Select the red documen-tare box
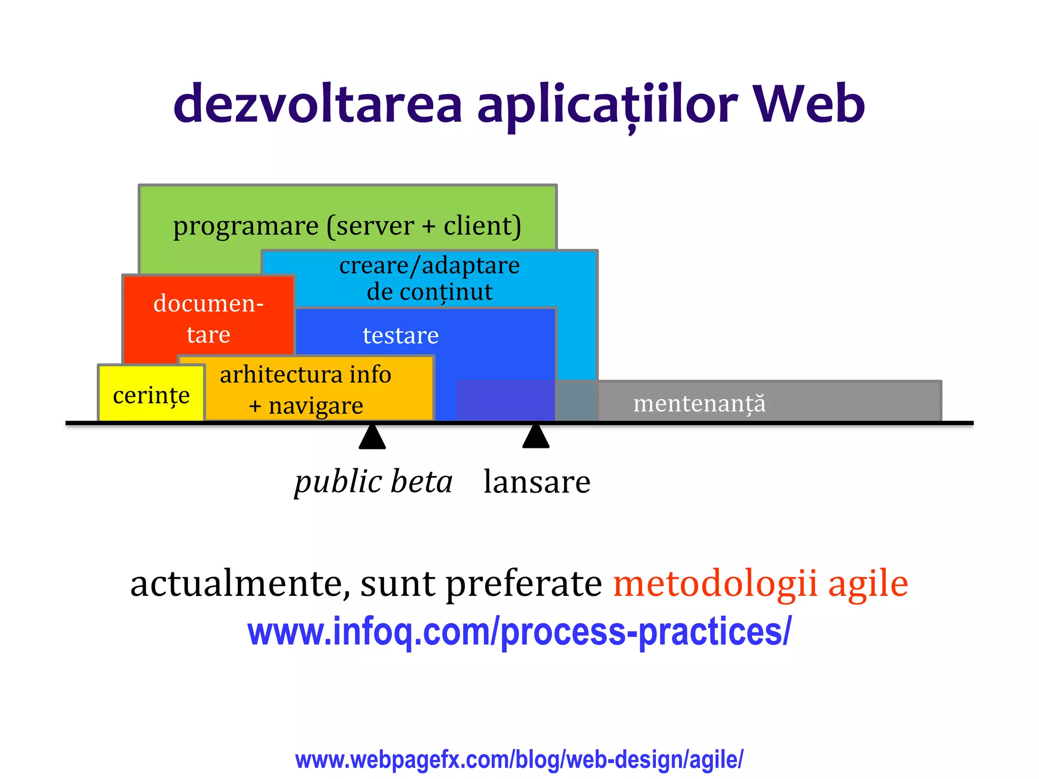[208, 318]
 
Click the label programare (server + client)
[347, 225]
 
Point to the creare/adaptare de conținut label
[429, 278]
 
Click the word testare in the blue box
[400, 335]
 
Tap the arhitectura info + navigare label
[305, 389]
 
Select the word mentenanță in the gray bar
[699, 404]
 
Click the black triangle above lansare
[536, 437]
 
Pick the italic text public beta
[373, 481]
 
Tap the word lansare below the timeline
[537, 481]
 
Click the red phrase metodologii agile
[760, 583]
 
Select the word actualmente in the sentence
[239, 583]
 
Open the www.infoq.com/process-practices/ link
[518, 631]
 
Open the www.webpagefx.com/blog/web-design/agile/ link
[519, 760]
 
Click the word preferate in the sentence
[524, 583]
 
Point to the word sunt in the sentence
[397, 583]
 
